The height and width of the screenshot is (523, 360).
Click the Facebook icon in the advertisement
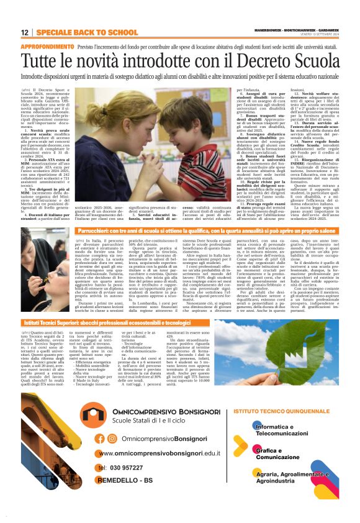coord(101,439)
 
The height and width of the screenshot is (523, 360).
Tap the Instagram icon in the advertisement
coord(112,439)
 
